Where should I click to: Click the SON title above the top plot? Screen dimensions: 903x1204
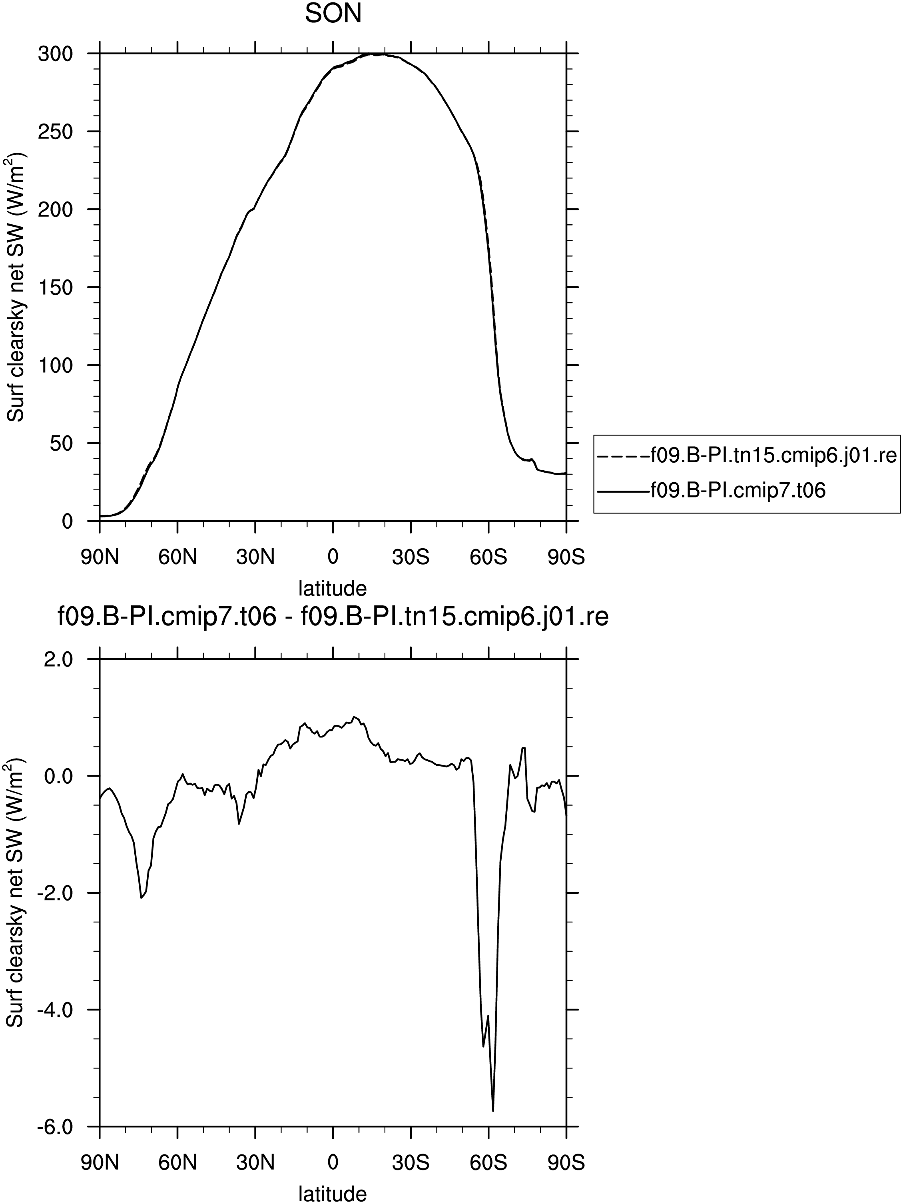(x=333, y=14)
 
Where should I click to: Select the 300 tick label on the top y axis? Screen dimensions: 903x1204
(x=56, y=54)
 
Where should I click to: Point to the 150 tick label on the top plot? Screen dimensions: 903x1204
(x=56, y=288)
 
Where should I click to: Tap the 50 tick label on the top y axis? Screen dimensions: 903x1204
(x=62, y=443)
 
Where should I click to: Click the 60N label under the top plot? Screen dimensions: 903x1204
(x=177, y=557)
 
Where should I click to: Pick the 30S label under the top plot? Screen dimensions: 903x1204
(x=411, y=557)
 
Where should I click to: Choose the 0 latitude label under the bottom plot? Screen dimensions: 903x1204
(x=333, y=1163)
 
